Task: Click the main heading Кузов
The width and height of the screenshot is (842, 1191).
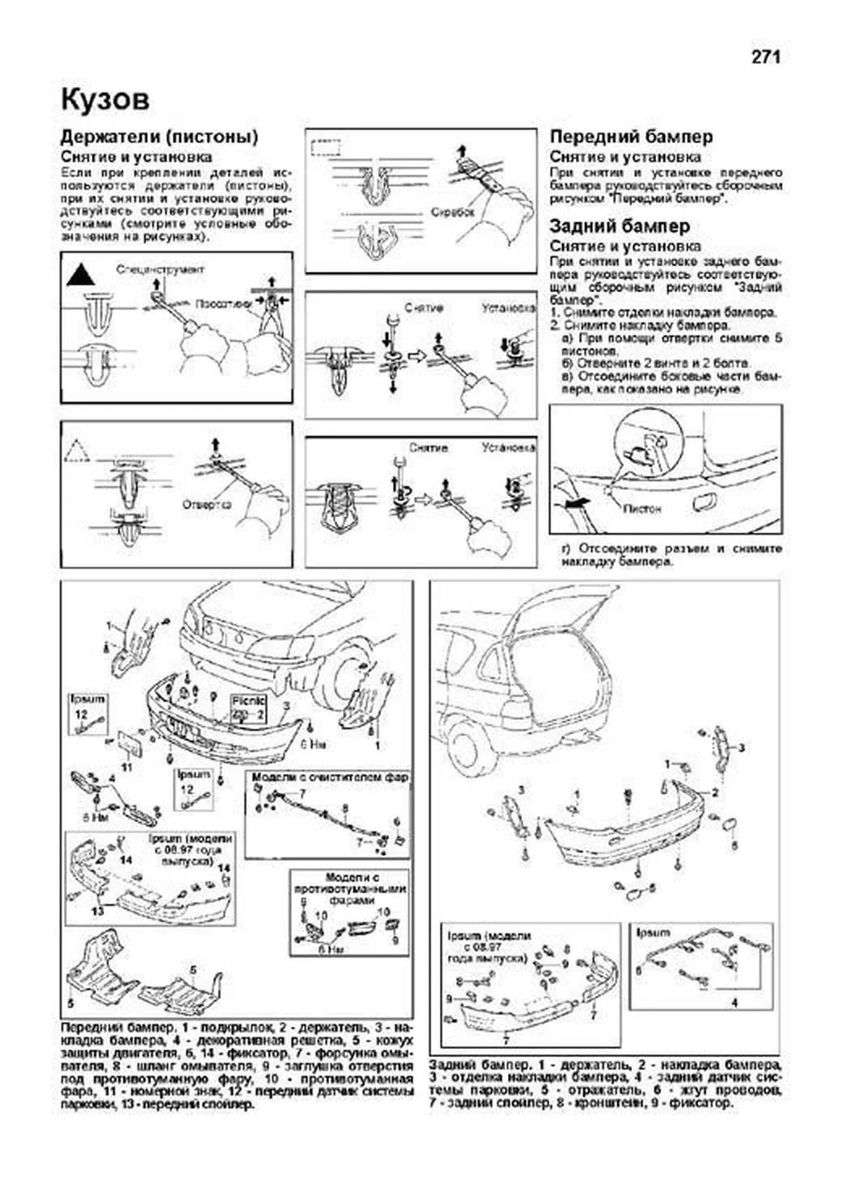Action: click(x=105, y=100)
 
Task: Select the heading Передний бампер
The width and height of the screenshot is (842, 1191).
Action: click(x=631, y=137)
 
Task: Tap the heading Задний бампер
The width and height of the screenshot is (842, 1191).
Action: click(x=620, y=226)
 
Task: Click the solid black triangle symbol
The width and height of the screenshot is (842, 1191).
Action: click(x=80, y=275)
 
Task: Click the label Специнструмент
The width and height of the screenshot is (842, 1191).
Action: click(x=161, y=270)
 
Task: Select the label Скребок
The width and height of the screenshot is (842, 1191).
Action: click(x=452, y=211)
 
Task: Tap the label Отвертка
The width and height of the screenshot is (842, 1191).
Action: click(x=206, y=504)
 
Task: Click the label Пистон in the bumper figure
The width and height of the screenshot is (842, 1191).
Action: click(x=641, y=508)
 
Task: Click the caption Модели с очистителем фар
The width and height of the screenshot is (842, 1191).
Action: click(x=330, y=777)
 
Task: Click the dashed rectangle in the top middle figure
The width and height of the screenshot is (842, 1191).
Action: click(x=325, y=149)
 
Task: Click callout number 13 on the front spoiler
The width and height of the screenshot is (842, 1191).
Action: click(x=98, y=911)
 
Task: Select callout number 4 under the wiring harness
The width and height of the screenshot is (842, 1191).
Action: click(x=735, y=1003)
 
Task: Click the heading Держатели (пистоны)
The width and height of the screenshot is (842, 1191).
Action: click(x=159, y=137)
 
